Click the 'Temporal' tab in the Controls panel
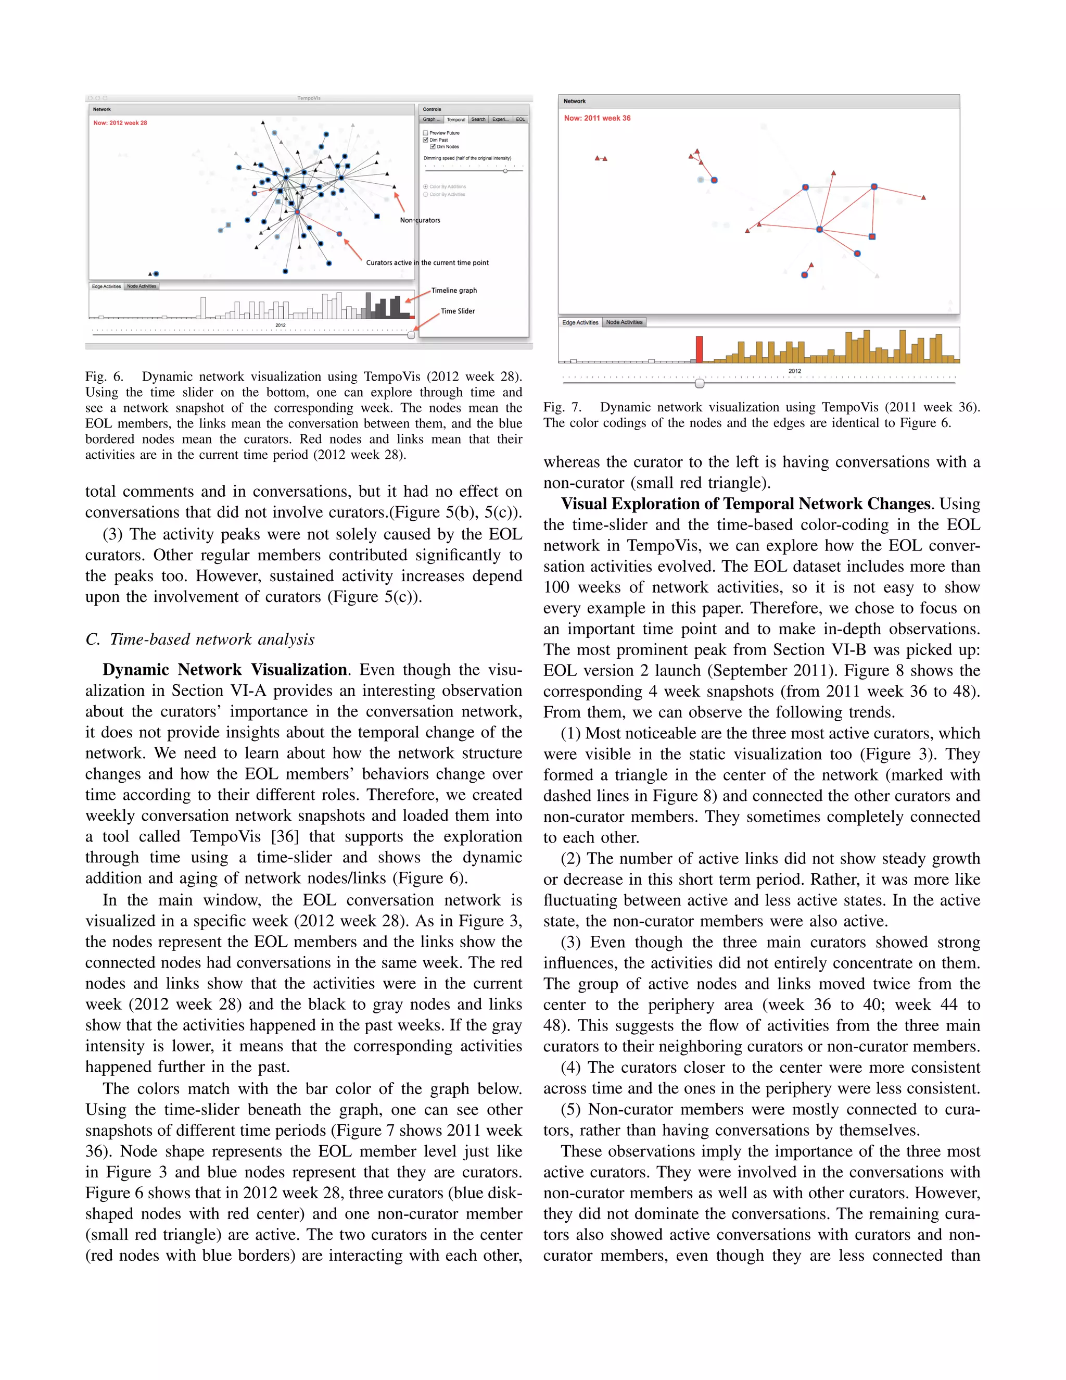tap(456, 119)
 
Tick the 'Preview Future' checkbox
tap(426, 133)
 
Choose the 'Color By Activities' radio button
tap(426, 195)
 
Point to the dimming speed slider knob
tap(505, 171)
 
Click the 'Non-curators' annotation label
tap(420, 220)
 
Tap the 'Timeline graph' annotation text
tap(454, 291)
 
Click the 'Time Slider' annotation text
tap(458, 311)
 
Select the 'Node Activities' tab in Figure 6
tap(142, 286)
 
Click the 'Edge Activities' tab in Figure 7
tap(580, 322)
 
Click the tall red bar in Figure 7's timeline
tap(699, 349)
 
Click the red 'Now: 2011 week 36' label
tap(597, 118)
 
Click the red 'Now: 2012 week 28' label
tap(120, 123)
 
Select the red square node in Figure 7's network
tap(872, 236)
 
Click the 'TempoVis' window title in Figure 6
tap(309, 98)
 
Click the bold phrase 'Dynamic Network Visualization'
tap(225, 670)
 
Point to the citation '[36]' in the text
tap(285, 837)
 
